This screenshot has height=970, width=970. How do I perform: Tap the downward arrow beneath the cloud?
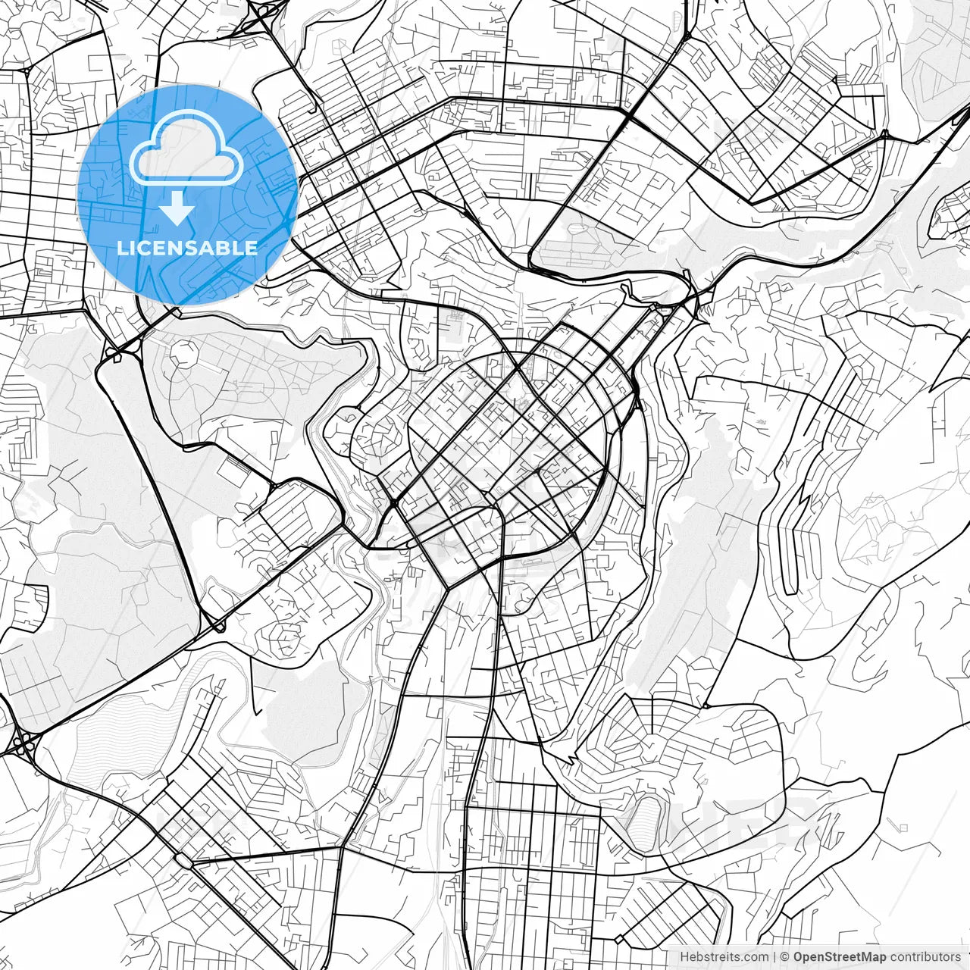point(177,208)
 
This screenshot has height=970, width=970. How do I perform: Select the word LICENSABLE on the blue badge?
point(187,248)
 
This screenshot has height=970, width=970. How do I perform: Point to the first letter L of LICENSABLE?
point(122,248)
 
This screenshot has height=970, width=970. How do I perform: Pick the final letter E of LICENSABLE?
point(251,248)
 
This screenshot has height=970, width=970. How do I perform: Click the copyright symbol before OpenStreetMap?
point(785,957)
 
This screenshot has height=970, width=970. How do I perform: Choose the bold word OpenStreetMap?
point(840,957)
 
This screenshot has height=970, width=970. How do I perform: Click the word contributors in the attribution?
point(925,957)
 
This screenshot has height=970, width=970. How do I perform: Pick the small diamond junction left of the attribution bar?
point(619,940)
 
